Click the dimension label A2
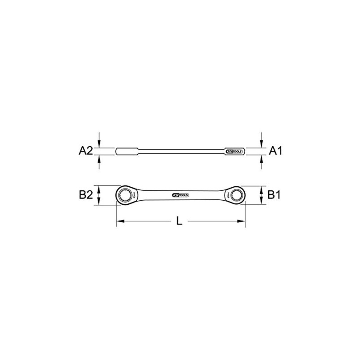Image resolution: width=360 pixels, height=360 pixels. coord(85,151)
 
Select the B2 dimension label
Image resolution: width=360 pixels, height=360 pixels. coord(85,195)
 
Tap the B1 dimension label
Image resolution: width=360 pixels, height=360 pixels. coord(275,195)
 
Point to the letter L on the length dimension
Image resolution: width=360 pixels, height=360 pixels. coord(179,221)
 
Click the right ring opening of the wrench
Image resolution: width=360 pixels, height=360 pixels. coord(236,196)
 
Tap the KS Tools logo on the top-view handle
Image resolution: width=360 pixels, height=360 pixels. coord(180,195)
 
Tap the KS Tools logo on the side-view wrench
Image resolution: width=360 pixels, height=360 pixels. coord(234,151)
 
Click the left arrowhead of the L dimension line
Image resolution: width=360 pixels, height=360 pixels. coord(119,221)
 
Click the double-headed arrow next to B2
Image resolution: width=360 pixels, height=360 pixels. coord(99,196)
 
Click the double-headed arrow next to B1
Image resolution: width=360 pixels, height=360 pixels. coord(261,196)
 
